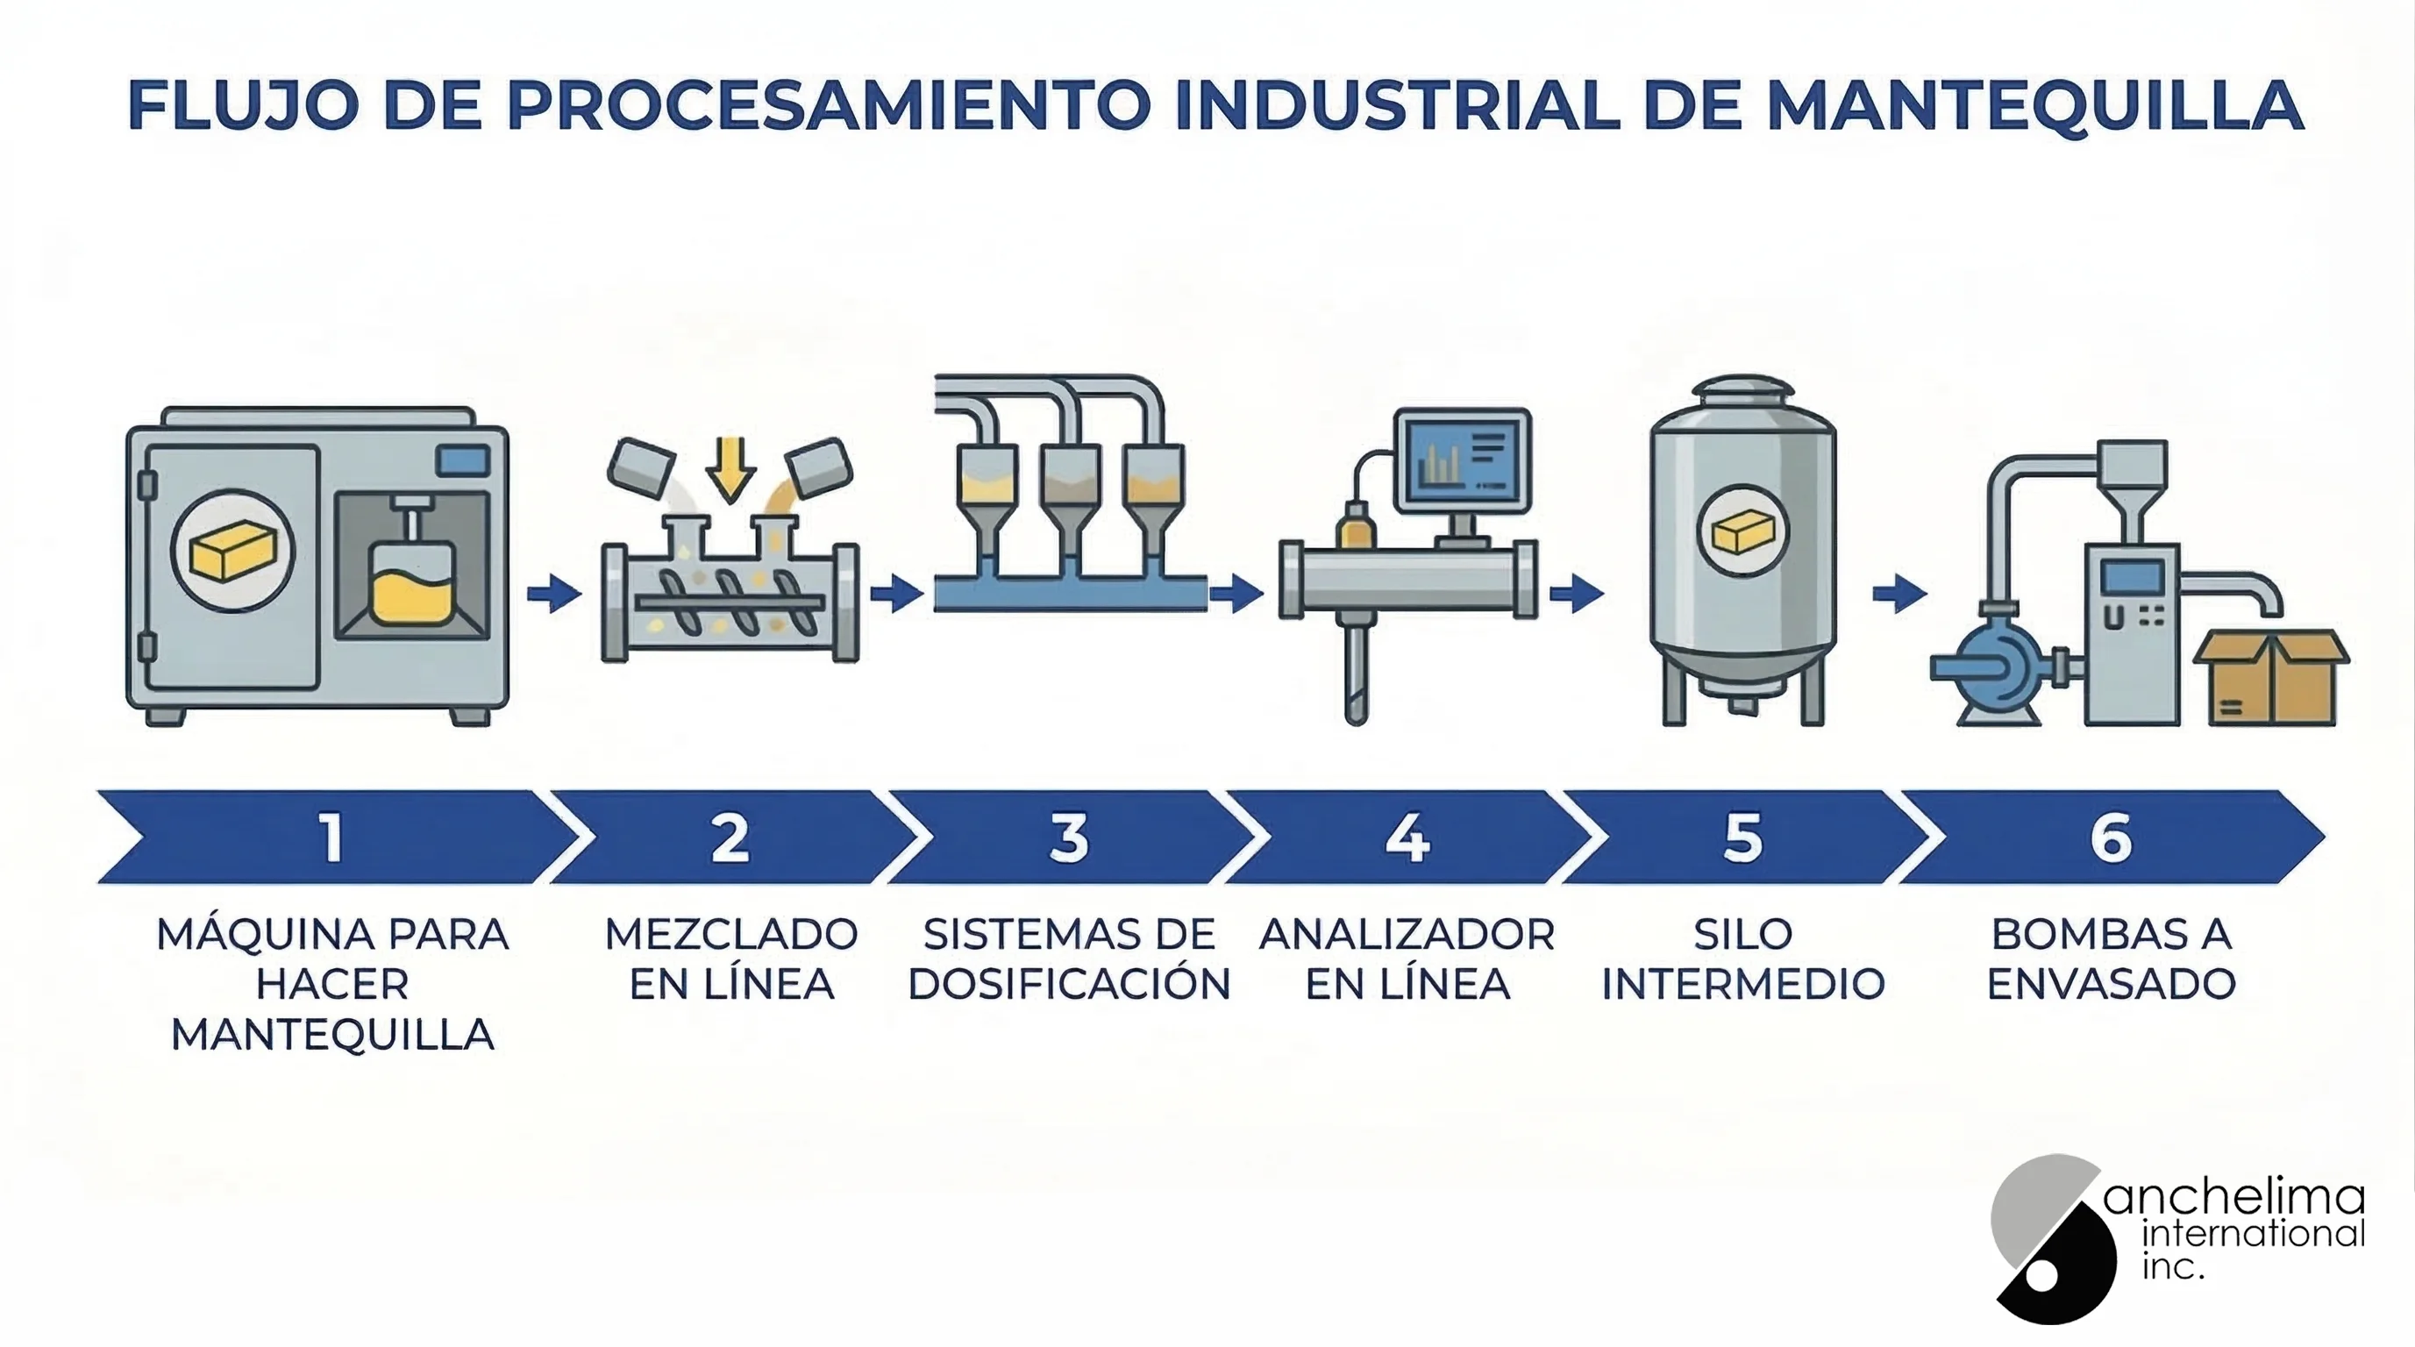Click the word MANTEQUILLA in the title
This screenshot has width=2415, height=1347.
[x=2035, y=105]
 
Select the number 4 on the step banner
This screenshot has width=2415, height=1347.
[x=1407, y=837]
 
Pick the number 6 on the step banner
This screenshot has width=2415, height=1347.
[x=2112, y=837]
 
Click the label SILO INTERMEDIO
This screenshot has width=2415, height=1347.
[x=1742, y=959]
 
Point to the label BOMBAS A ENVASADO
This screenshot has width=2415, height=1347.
[x=2112, y=959]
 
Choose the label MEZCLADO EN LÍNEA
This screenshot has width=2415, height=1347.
[x=731, y=959]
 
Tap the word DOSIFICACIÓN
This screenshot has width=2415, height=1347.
[x=1069, y=983]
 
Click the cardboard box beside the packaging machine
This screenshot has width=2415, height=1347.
[x=2270, y=678]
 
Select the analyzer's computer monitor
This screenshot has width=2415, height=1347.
[x=1464, y=461]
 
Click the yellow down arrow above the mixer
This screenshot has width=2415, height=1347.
[x=731, y=468]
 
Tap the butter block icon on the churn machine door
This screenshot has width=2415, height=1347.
[x=232, y=550]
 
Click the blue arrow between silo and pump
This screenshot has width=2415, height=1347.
[x=1899, y=593]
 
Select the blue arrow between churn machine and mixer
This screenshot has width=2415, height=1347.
[x=554, y=593]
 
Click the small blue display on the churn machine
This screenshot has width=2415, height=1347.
[x=463, y=460]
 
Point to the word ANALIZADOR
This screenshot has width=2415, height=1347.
[x=1407, y=935]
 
